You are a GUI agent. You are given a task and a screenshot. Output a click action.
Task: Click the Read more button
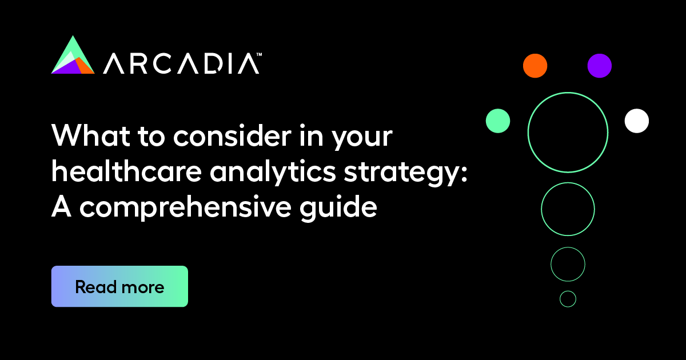pyautogui.click(x=119, y=286)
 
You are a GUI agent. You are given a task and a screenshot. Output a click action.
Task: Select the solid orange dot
pyautogui.click(x=535, y=66)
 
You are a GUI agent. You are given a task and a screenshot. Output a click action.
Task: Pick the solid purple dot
pyautogui.click(x=599, y=66)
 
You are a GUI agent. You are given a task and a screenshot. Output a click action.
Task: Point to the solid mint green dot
pyautogui.click(x=498, y=121)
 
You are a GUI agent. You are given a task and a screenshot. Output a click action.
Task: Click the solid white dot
pyautogui.click(x=637, y=121)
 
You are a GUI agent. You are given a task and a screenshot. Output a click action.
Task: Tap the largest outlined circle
pyautogui.click(x=568, y=132)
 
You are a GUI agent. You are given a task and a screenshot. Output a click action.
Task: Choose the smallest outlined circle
pyautogui.click(x=568, y=299)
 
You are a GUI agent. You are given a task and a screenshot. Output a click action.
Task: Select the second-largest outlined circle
pyautogui.click(x=568, y=209)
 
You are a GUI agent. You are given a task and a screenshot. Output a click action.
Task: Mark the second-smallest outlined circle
pyautogui.click(x=568, y=264)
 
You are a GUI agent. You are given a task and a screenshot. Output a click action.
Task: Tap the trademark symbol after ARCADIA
pyautogui.click(x=259, y=55)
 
